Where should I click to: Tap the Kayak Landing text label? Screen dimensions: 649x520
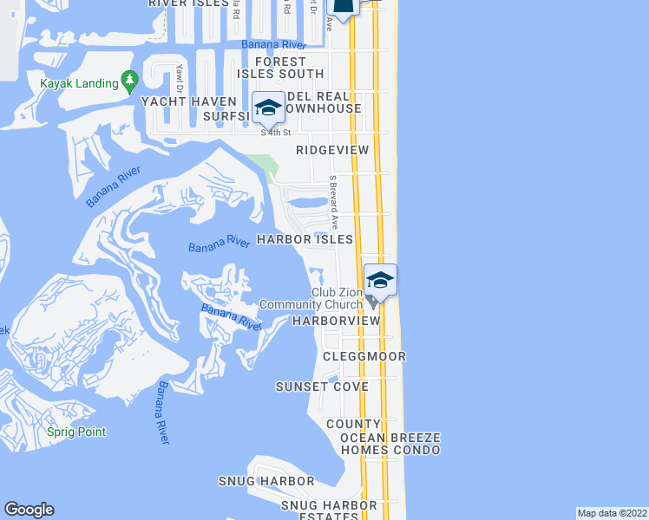pos(77,83)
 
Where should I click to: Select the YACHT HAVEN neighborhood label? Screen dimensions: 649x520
pos(188,101)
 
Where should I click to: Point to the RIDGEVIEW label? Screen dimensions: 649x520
pos(332,150)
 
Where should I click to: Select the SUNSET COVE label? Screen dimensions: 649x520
pos(322,387)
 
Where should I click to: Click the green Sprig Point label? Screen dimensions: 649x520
pos(77,432)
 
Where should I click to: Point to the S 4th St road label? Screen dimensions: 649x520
pos(275,133)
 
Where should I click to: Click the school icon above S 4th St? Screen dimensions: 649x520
pos(269,108)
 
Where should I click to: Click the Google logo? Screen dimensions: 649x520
pos(29,510)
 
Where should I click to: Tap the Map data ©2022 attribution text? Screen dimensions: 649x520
pos(612,512)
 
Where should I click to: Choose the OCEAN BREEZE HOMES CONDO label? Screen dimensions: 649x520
pos(390,444)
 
